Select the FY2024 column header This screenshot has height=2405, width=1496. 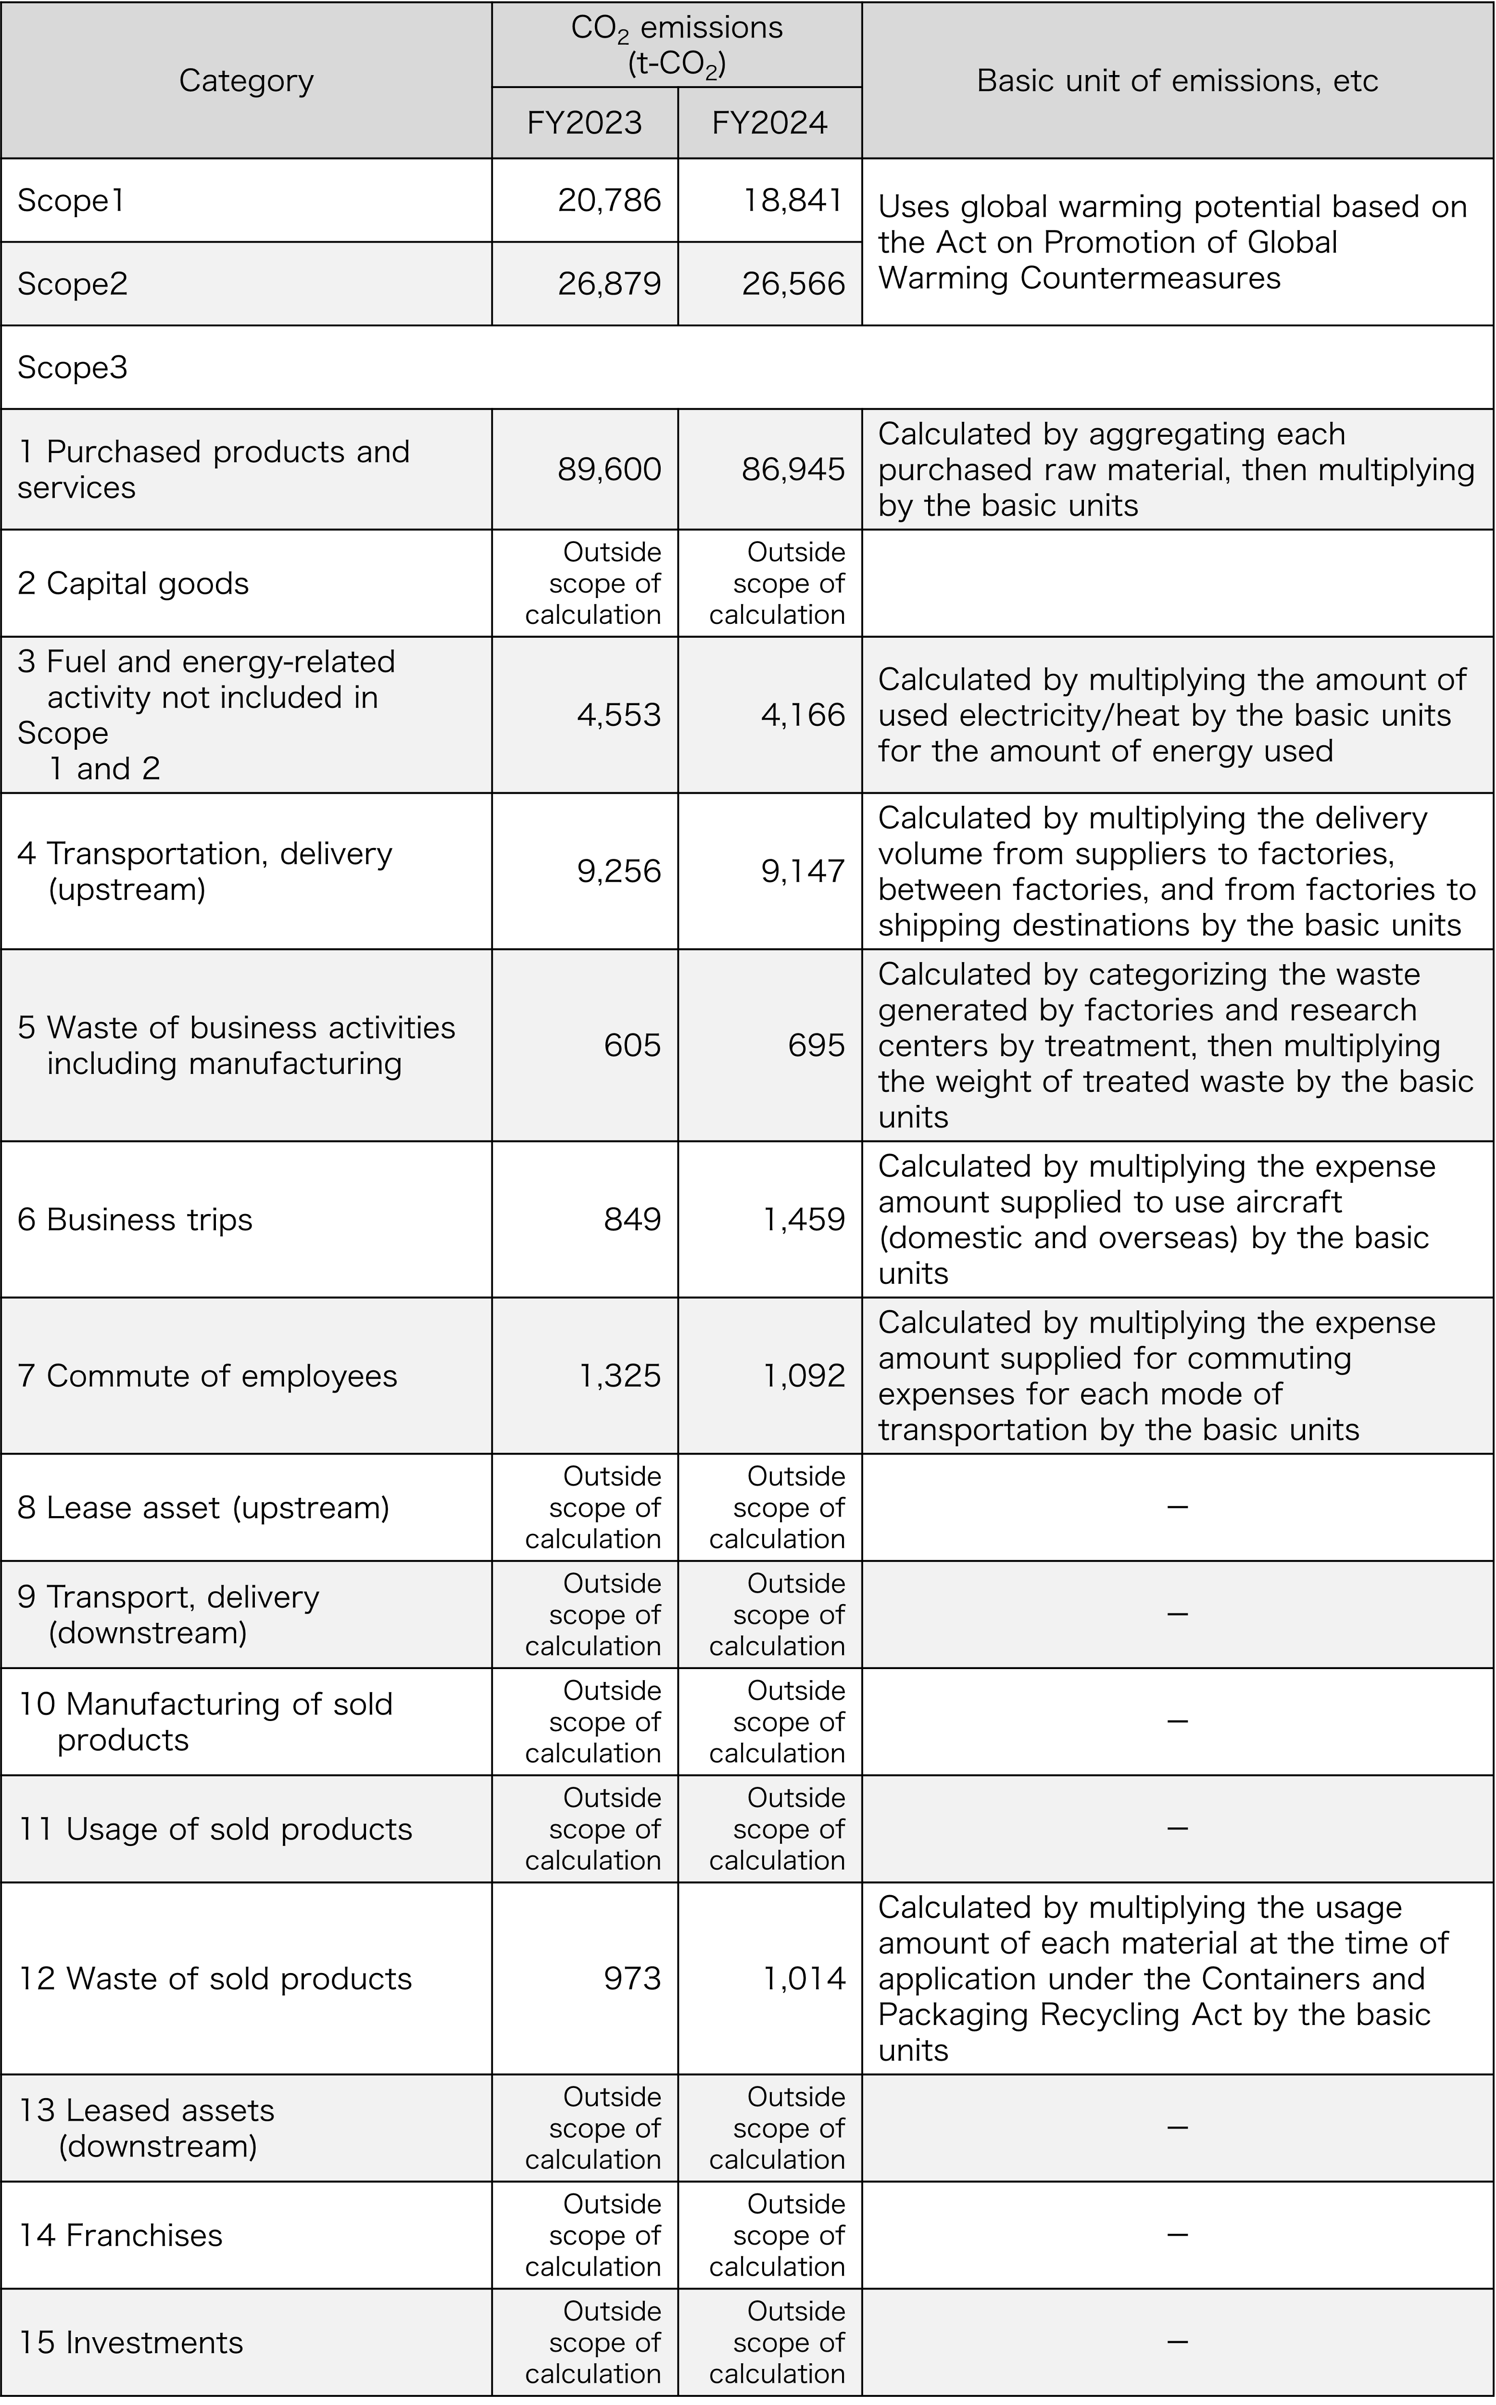(770, 123)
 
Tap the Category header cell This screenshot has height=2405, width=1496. (246, 80)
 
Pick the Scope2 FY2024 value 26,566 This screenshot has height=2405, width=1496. (793, 284)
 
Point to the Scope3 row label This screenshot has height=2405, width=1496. (72, 367)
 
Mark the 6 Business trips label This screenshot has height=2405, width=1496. (135, 1219)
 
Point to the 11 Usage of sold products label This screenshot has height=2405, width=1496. (214, 1829)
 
